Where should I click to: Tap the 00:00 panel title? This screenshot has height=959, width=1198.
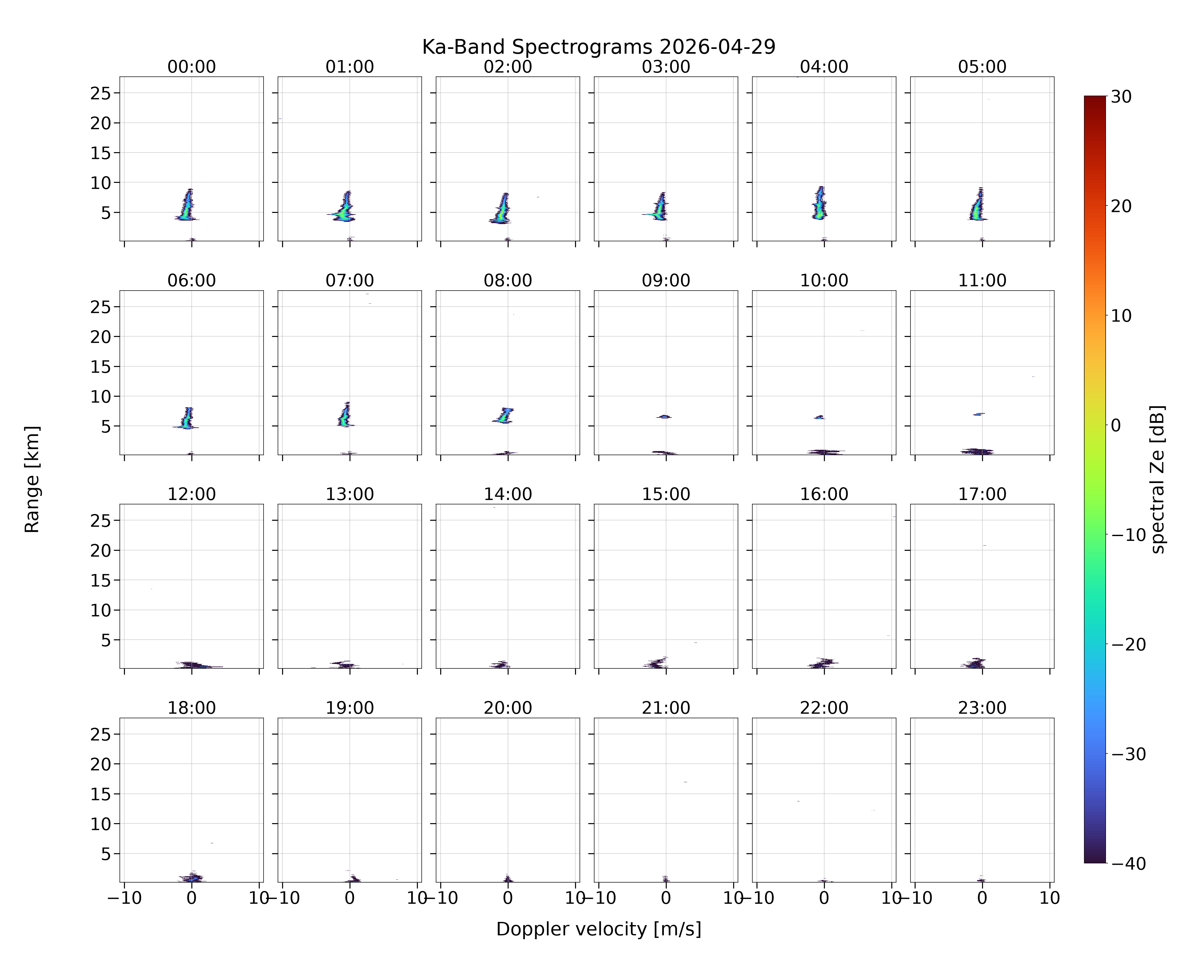click(192, 67)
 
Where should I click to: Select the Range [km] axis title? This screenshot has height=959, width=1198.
click(32, 479)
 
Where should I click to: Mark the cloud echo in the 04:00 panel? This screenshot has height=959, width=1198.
click(820, 203)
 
